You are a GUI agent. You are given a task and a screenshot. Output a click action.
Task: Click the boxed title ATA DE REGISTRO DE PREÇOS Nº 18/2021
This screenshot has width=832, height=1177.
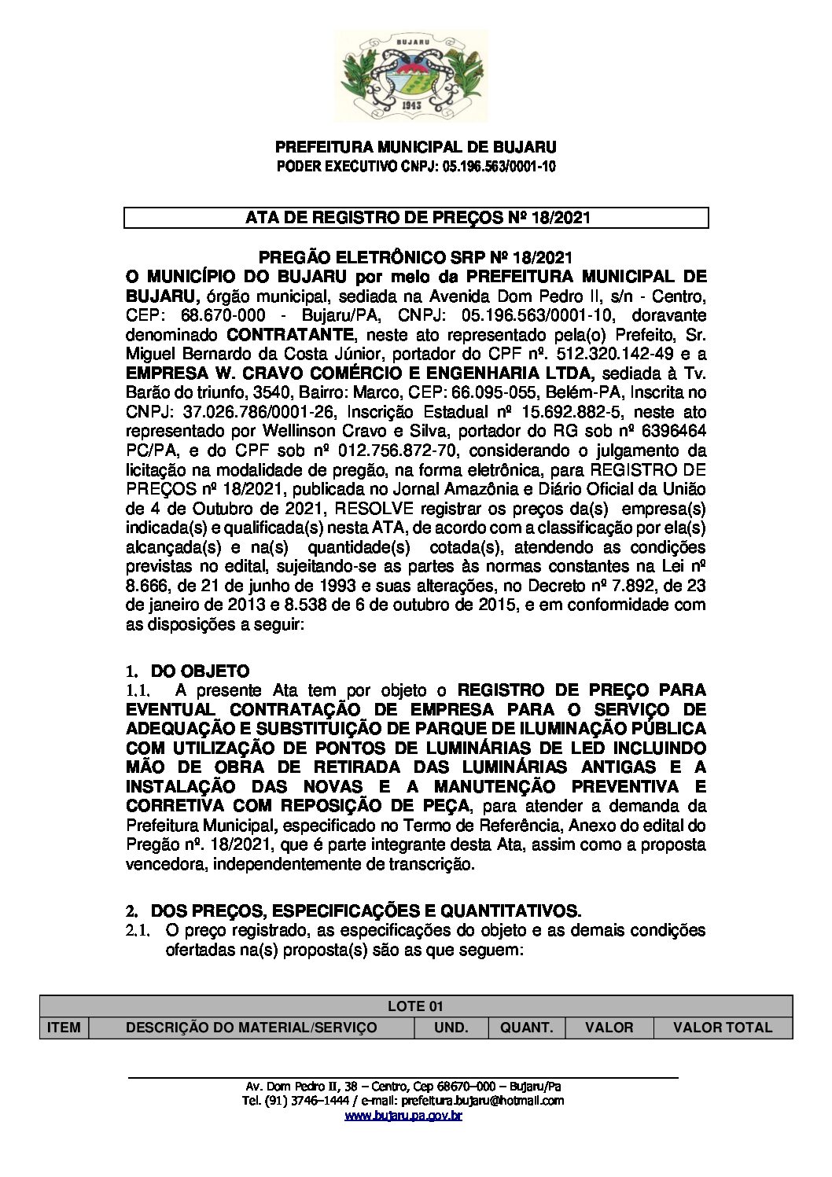(x=416, y=218)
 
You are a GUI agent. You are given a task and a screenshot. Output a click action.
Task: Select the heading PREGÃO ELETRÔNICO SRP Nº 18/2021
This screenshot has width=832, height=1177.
(x=416, y=258)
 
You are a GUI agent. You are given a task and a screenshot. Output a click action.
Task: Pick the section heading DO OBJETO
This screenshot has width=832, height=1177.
(x=200, y=671)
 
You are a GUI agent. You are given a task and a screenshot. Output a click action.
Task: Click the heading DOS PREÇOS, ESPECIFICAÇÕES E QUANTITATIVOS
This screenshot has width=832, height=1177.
(x=366, y=911)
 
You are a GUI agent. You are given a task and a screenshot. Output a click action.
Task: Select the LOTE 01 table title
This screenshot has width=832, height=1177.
(x=416, y=1006)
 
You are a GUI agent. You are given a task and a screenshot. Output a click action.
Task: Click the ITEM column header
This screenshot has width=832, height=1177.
(x=64, y=1027)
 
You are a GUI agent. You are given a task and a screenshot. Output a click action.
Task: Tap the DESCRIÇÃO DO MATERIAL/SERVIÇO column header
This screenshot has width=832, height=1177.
(x=252, y=1027)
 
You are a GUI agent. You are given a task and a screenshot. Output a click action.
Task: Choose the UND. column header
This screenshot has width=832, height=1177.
(x=451, y=1027)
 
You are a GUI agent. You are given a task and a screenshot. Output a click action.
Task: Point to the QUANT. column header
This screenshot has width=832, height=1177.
(x=526, y=1027)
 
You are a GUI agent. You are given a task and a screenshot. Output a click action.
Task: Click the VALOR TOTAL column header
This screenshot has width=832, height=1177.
(x=723, y=1027)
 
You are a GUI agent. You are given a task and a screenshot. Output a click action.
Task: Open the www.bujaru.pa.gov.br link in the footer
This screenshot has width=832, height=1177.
(x=403, y=1116)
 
